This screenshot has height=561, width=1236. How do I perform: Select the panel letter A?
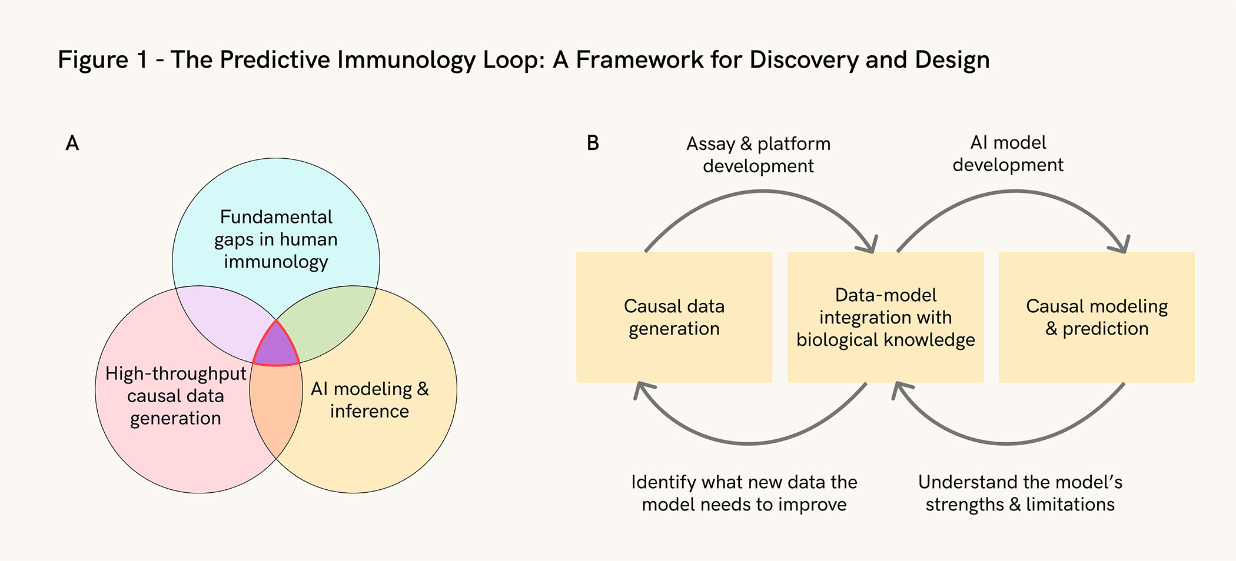[72, 143]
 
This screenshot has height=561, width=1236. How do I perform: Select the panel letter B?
[593, 143]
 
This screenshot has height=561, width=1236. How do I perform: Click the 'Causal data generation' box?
[674, 318]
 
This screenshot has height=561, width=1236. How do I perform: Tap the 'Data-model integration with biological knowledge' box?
[885, 318]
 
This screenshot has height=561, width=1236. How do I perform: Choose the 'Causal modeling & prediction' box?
[1097, 318]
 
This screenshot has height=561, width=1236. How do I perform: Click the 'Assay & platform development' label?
[758, 155]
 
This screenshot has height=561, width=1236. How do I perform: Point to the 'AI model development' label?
[1008, 153]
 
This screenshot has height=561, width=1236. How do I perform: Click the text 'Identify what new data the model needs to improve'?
[744, 493]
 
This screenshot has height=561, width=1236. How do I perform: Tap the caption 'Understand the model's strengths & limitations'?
[1020, 493]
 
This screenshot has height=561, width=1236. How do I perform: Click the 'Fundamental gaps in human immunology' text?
[276, 239]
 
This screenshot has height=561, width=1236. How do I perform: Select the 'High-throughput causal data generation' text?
[175, 396]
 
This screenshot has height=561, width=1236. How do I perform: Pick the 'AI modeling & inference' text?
[370, 400]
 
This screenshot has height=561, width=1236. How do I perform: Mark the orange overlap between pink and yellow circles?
[275, 406]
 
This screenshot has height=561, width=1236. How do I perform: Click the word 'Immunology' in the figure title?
[407, 60]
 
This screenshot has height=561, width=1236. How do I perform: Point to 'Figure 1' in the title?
[102, 60]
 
